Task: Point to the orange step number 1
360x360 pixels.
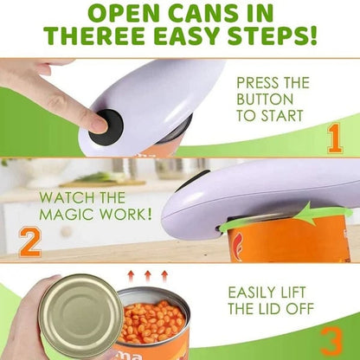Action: (x=333, y=138)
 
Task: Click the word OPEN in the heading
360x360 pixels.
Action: (x=123, y=12)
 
